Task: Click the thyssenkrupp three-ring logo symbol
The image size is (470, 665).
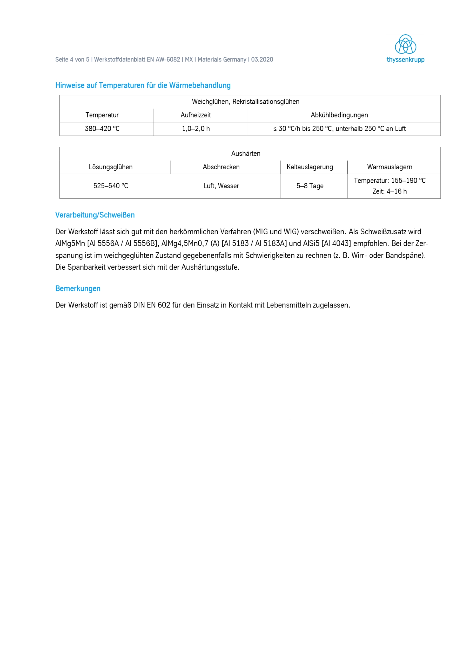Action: pos(405,44)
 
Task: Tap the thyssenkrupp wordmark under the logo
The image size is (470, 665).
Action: pos(405,60)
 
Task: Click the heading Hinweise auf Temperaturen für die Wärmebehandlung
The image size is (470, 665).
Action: pos(143,85)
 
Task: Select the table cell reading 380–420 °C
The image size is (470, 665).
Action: pos(102,129)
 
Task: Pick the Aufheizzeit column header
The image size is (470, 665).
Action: pos(196,115)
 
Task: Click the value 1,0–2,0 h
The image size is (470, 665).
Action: pos(196,129)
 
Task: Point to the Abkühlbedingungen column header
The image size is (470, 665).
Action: pos(339,115)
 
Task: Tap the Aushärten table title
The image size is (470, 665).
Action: pos(246,154)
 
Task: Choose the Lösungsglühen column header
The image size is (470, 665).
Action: pos(111,167)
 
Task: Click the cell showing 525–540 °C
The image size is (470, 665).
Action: pos(111,186)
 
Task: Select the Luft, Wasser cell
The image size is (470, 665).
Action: pos(221,186)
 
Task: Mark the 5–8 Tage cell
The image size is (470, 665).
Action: pos(310,186)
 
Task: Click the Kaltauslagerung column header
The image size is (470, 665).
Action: pos(310,167)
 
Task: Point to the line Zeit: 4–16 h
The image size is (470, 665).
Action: pos(390,191)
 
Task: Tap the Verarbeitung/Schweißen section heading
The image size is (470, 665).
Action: pos(95,215)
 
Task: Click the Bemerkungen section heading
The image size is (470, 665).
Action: pos(78,289)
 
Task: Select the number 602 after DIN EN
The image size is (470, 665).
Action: pos(164,305)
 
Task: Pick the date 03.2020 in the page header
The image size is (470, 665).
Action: pos(262,59)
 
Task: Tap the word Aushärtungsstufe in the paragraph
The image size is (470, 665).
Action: pos(210,267)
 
